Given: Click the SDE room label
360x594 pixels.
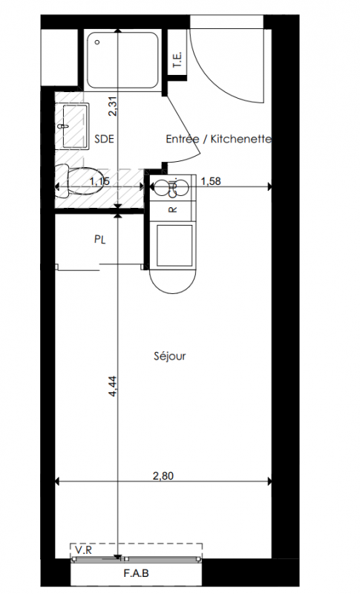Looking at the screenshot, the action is coord(104,139).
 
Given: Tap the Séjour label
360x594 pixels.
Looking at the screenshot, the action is coord(170,356).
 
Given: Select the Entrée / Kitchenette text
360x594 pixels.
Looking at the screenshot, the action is coord(219,139).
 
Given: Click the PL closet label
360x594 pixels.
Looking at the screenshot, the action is coord(100,239).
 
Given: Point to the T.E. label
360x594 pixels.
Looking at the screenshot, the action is coord(177,60).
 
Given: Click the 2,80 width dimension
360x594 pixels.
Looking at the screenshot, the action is coord(163,475).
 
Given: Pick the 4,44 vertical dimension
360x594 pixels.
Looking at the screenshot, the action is coord(113,386).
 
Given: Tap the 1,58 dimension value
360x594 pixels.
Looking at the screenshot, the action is coord(211,181).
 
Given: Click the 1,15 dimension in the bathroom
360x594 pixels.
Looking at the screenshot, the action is coord(99,181).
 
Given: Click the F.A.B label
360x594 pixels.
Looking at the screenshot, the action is coord(137,573).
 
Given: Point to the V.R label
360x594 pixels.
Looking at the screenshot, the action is coord(83,550).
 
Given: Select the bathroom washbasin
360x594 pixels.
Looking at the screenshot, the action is coord(72,126).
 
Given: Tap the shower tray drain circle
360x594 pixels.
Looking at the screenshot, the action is coord(97,42).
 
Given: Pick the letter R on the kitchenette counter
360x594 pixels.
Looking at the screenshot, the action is coord(174,209).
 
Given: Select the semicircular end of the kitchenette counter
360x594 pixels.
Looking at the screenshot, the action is coord(173,281).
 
